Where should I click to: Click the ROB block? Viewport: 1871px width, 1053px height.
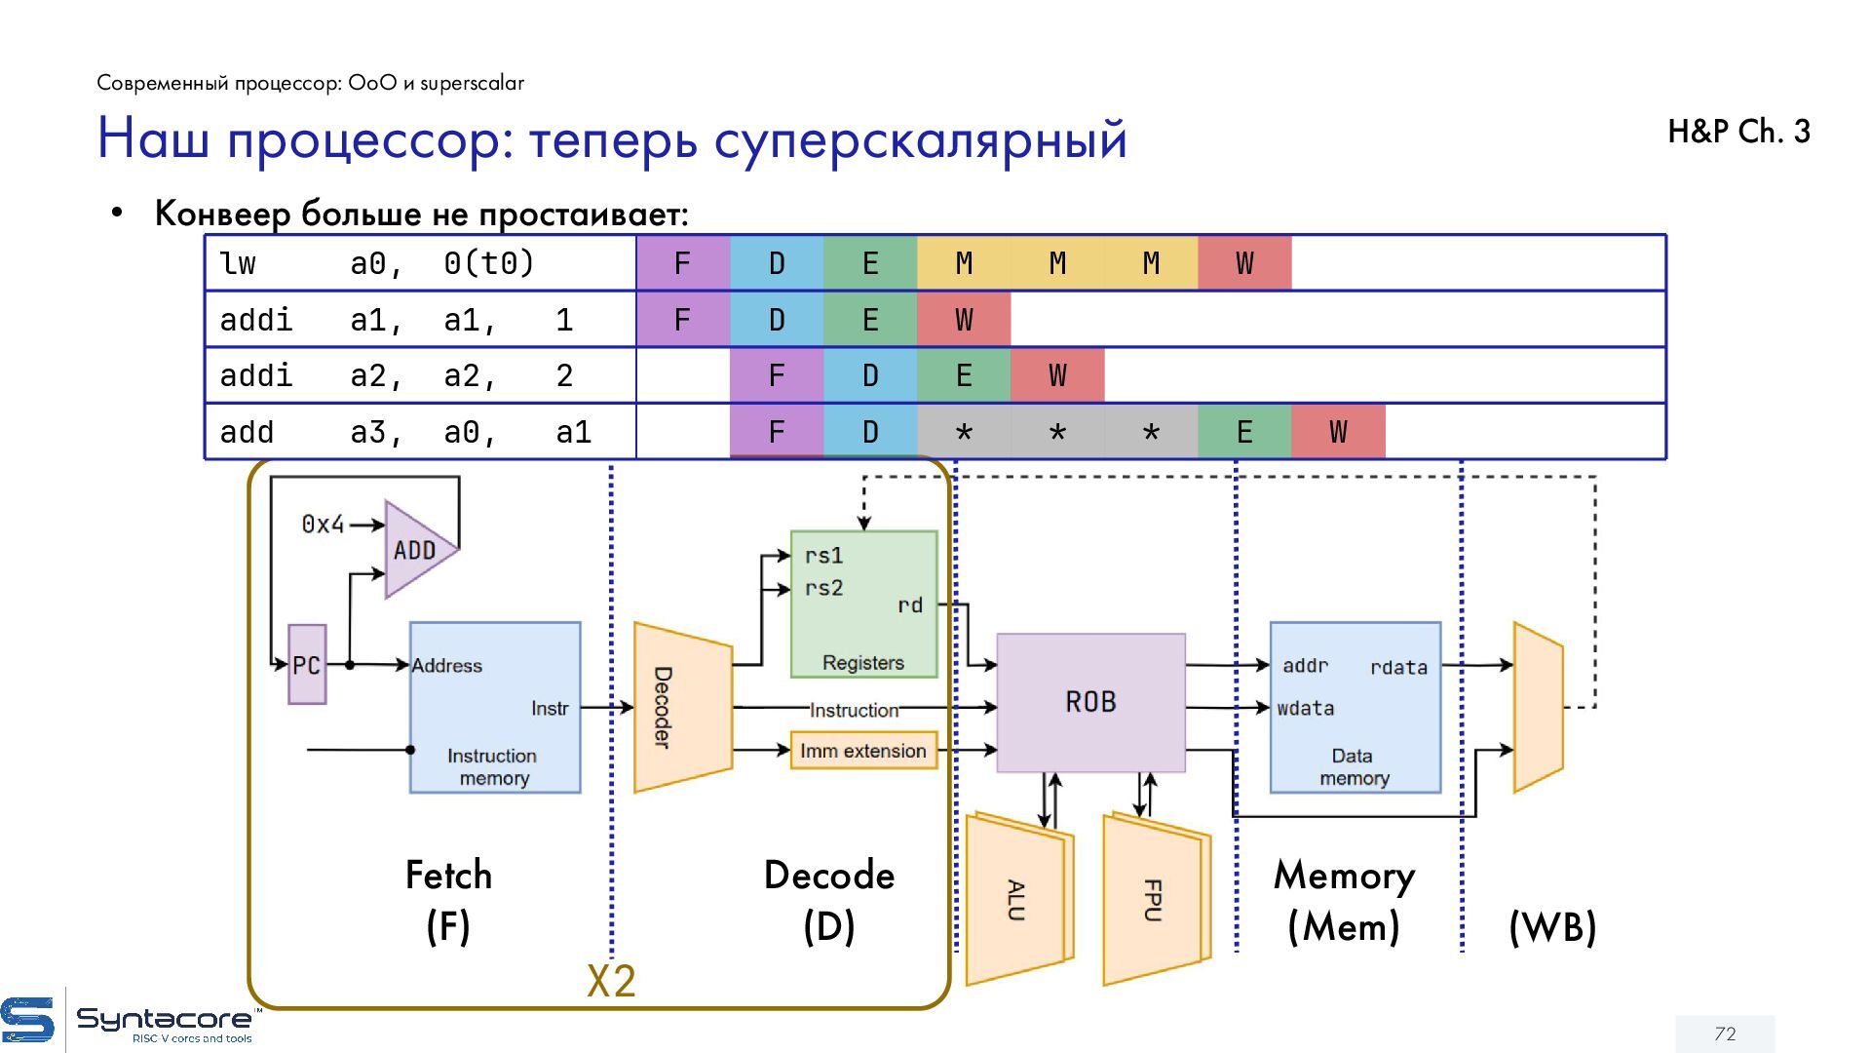(x=1090, y=703)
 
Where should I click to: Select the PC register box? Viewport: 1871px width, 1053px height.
(x=307, y=665)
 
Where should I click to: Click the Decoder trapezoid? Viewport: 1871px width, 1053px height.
(x=682, y=707)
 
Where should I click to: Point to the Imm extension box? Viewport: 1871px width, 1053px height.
(x=863, y=751)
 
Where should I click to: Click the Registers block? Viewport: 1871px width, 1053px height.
(x=863, y=604)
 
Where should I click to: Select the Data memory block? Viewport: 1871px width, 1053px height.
(x=1356, y=708)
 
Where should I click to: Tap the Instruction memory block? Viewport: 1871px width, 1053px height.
(x=495, y=708)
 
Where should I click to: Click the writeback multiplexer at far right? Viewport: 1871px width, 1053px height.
(x=1538, y=707)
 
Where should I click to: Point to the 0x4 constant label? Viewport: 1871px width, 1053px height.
(x=323, y=525)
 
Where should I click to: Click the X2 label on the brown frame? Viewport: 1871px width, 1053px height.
(x=611, y=981)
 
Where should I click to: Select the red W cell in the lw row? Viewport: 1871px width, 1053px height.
(x=1244, y=263)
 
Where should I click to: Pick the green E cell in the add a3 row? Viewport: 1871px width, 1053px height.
(x=1244, y=432)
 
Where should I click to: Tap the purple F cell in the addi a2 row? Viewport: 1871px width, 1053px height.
(x=777, y=375)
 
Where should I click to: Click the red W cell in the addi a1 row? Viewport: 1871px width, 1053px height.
(x=964, y=320)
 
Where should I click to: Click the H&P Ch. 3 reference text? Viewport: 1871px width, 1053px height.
(x=1738, y=132)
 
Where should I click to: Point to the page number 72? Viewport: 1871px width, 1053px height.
(x=1725, y=1033)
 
